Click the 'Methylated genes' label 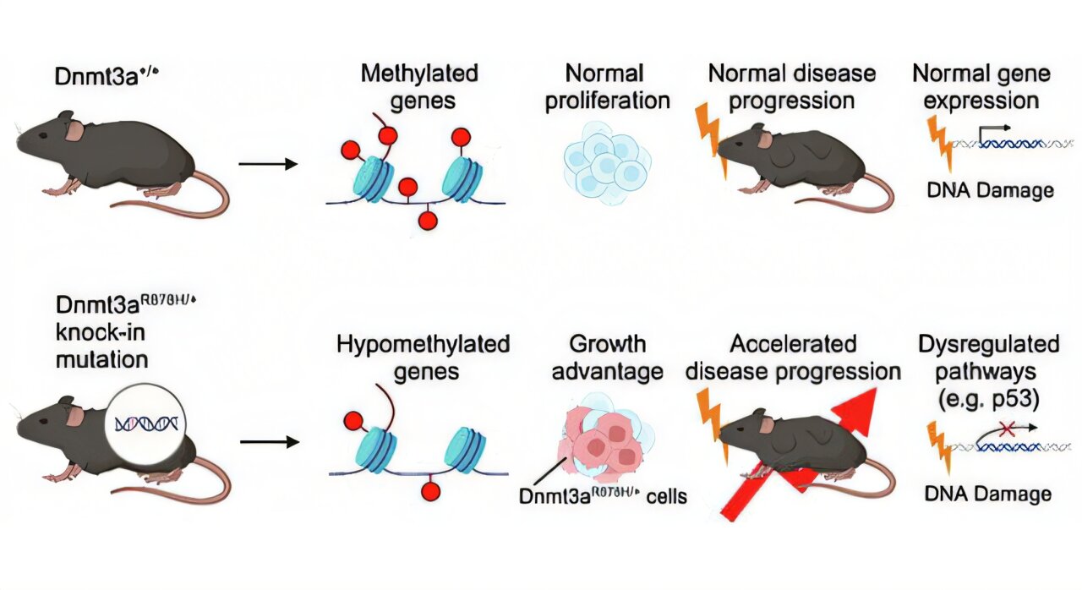pos(418,86)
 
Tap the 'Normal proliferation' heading pos(606,86)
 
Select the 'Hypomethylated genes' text pos(423,358)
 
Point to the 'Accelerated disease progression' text pos(793,358)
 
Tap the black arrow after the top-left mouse pos(268,163)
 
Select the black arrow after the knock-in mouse pos(268,441)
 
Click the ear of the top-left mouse pos(74,129)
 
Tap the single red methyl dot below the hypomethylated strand pos(431,491)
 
